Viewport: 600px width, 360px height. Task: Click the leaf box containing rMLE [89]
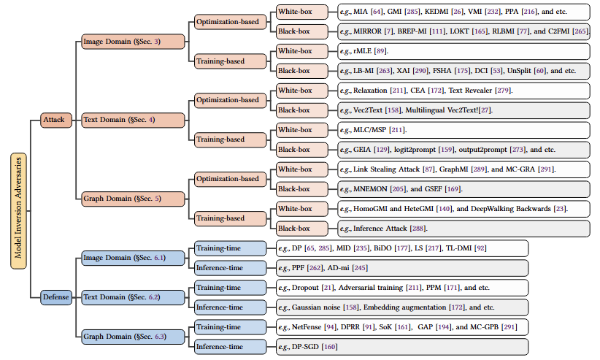pyautogui.click(x=463, y=51)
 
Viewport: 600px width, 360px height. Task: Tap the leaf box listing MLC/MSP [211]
pyautogui.click(x=463, y=130)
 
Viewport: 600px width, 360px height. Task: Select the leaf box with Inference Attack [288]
pyautogui.click(x=463, y=228)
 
